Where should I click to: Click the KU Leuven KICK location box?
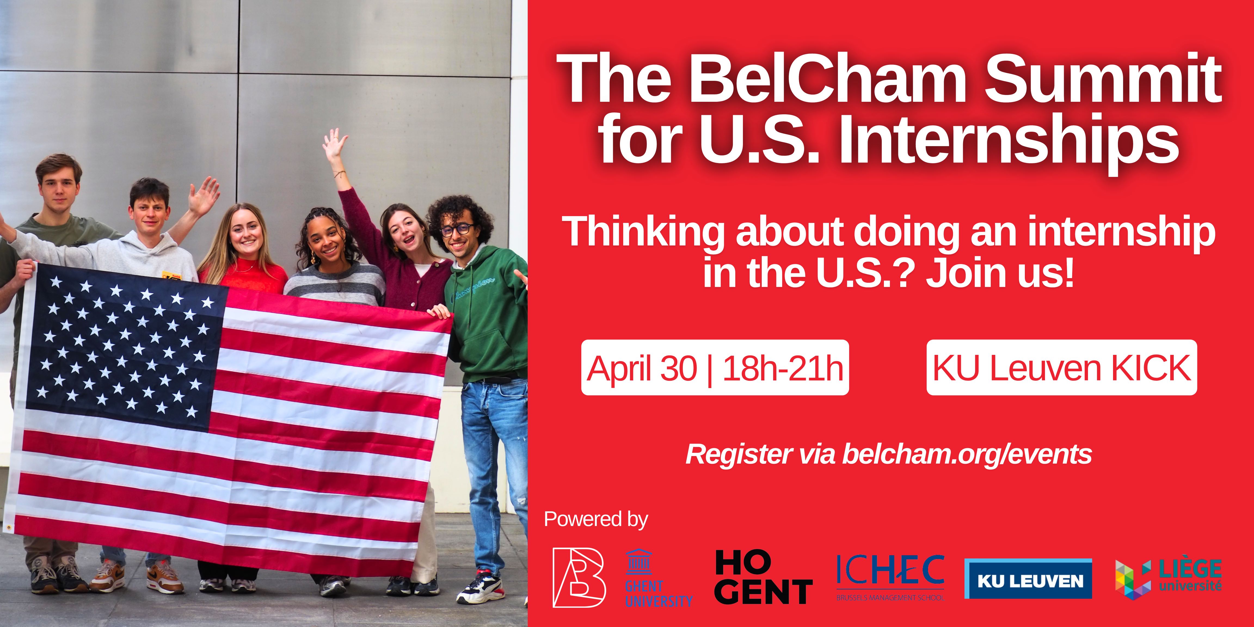coord(1062,368)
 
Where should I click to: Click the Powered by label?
coord(596,520)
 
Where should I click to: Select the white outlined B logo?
coord(579,577)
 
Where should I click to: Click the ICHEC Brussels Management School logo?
coord(890,577)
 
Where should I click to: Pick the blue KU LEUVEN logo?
coord(1028,578)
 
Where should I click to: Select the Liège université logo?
coord(1168,579)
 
